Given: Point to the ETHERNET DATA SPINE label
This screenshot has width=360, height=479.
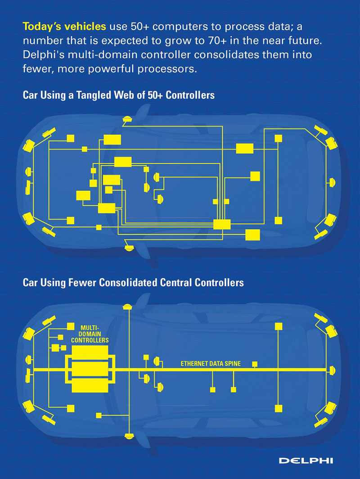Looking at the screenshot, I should click(x=211, y=363).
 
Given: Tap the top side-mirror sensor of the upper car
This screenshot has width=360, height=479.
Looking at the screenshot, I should click(x=127, y=118).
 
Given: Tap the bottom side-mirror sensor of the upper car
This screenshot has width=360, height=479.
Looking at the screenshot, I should click(x=130, y=247).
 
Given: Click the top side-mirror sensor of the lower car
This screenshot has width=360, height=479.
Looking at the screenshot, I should click(x=128, y=307).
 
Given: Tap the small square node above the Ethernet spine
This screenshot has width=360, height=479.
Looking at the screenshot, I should click(x=255, y=364).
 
